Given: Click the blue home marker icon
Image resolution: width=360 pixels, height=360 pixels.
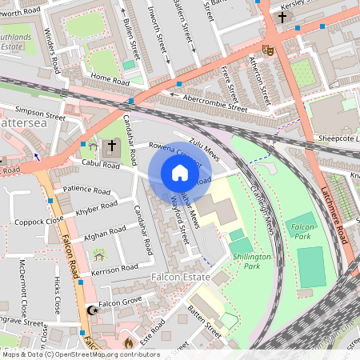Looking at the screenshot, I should [x=180, y=173].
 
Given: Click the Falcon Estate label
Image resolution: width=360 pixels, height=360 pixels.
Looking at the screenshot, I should [x=180, y=277].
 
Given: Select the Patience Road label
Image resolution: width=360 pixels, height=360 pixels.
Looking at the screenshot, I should [x=86, y=191].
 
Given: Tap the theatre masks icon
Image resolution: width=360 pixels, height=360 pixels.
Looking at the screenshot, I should [x=269, y=50].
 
